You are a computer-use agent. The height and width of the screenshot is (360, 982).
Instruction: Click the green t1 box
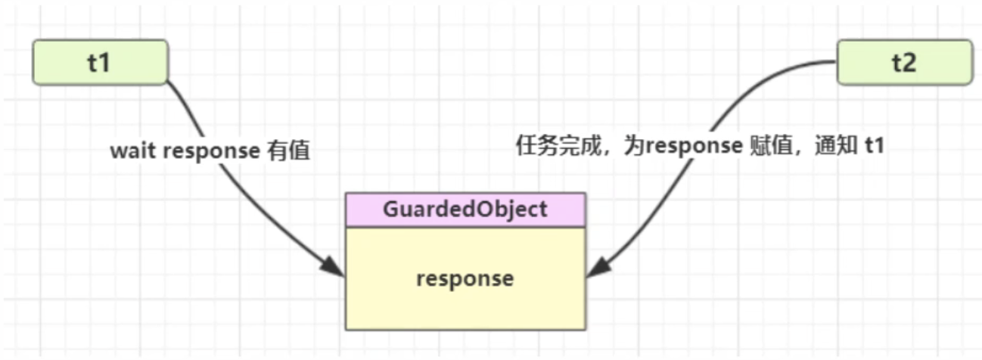[x=99, y=62]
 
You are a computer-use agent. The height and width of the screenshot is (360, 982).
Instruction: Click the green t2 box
[x=903, y=62]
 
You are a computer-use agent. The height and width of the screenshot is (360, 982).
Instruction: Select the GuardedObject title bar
[x=465, y=209]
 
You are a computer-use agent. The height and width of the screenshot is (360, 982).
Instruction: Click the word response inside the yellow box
[x=465, y=278]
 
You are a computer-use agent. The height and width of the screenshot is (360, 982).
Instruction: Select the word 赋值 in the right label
[x=769, y=146]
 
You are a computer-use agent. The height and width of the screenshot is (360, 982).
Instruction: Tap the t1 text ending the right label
[x=874, y=146]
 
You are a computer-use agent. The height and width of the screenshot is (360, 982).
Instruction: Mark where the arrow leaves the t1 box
[x=169, y=80]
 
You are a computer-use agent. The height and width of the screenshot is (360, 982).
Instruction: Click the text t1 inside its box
[x=99, y=62]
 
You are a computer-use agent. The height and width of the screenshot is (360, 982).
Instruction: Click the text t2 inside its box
[x=903, y=62]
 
